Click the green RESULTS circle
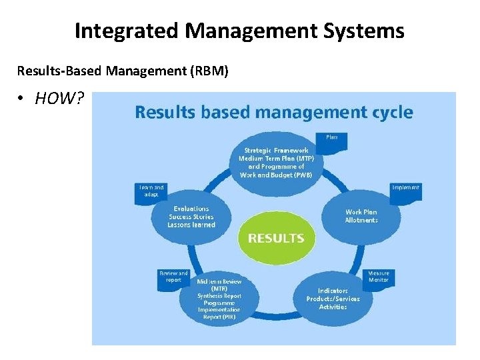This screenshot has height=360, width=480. [275, 238]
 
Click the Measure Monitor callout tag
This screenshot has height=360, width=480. [379, 278]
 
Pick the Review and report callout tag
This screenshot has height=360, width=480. [173, 278]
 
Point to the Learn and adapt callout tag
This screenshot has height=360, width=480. [151, 192]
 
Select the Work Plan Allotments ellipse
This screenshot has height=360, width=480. [361, 217]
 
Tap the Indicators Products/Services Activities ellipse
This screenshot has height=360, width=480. [333, 299]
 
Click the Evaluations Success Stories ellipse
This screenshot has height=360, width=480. [191, 217]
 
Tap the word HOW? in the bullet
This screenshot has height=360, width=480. [59, 99]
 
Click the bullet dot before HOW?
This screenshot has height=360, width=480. [22, 99]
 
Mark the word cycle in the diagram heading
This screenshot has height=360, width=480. [389, 113]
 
